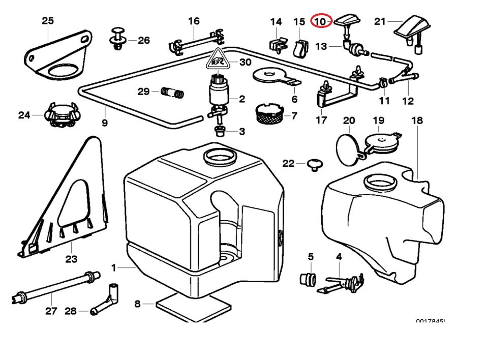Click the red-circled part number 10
321,22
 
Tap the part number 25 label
47,21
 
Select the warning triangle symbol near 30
217,62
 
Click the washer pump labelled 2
219,94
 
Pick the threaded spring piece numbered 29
172,93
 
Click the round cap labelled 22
315,164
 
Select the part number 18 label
417,121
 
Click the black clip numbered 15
301,47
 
